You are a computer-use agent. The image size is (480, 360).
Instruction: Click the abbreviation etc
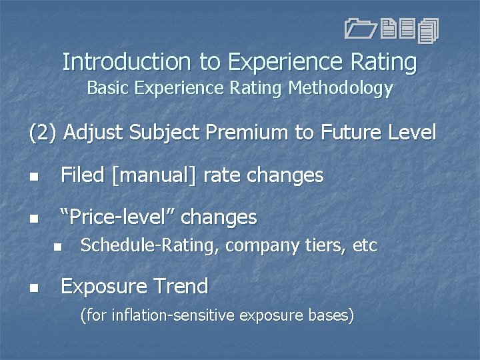tap(365, 247)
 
